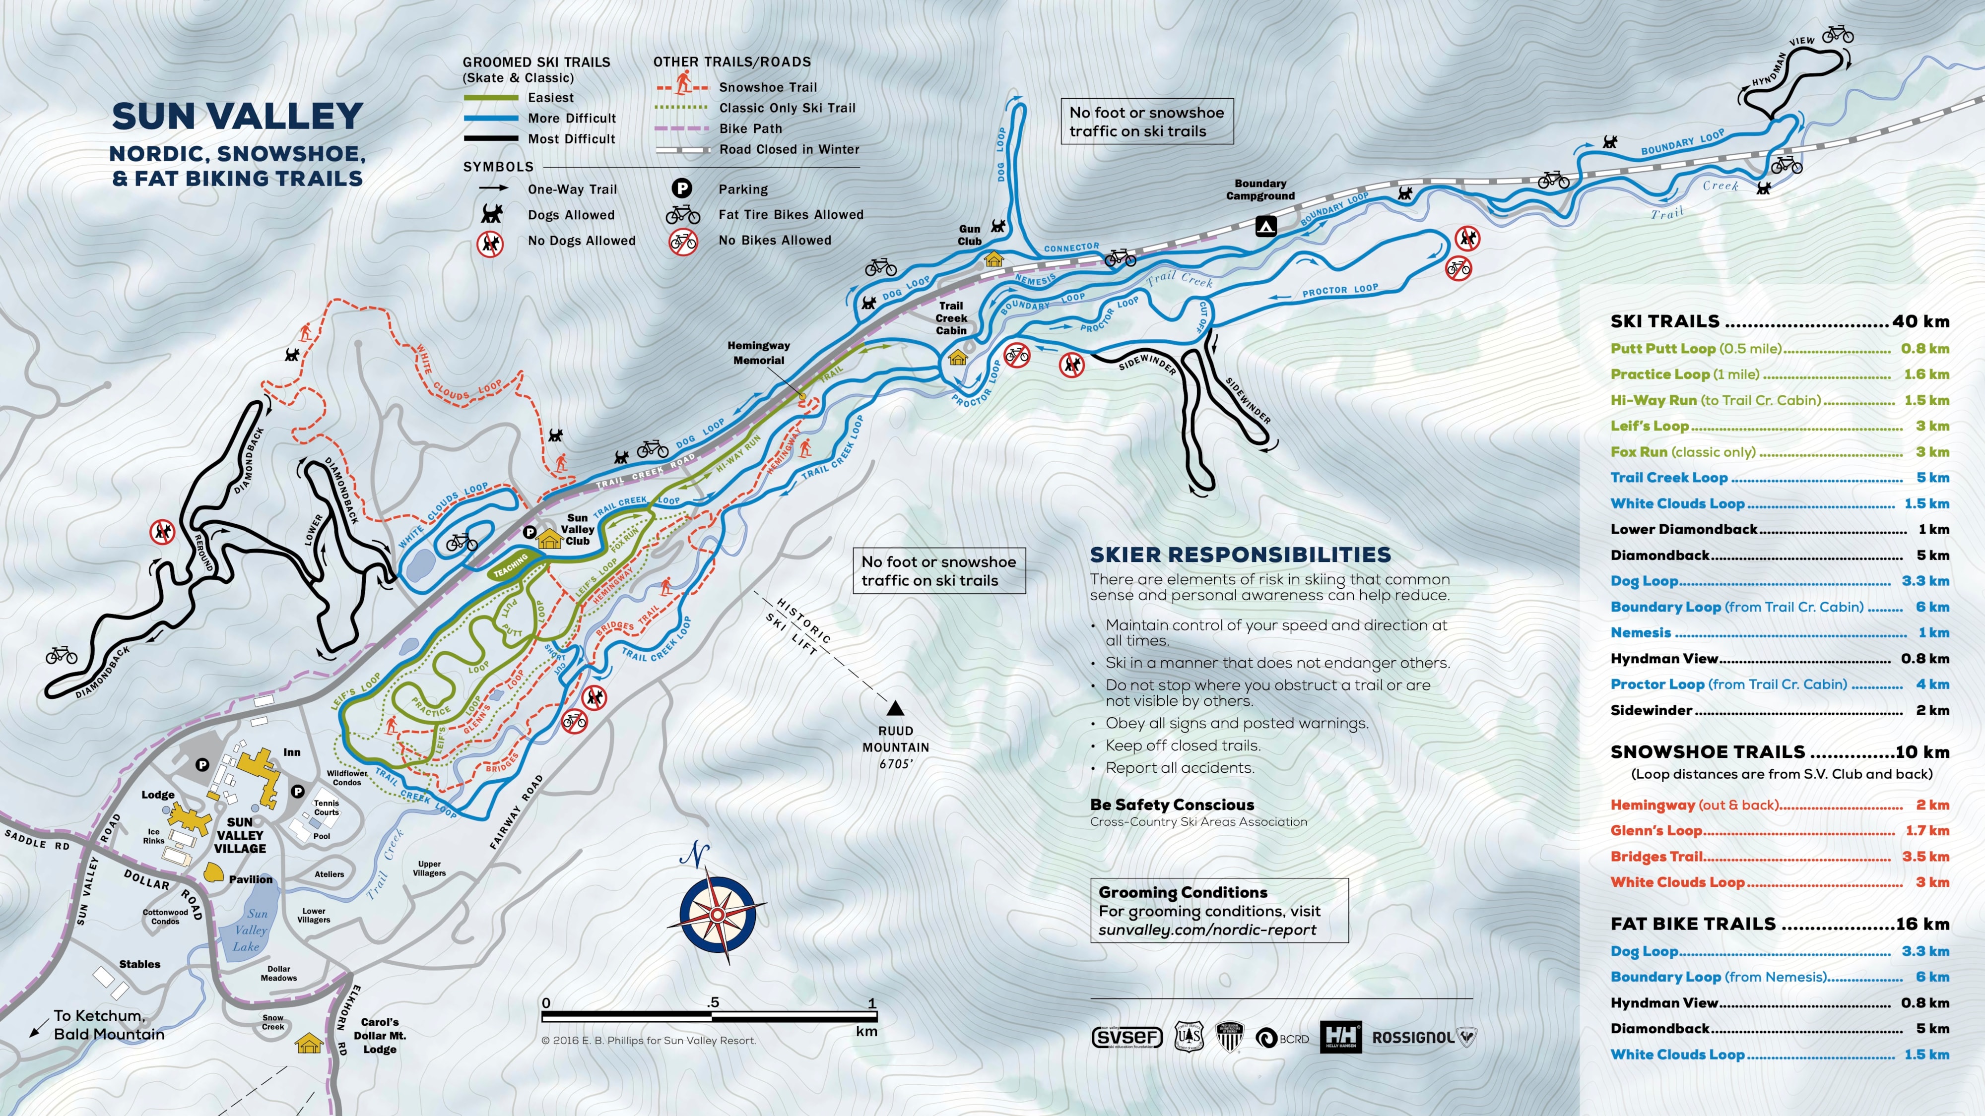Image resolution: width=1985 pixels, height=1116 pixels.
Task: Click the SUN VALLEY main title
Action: click(x=237, y=116)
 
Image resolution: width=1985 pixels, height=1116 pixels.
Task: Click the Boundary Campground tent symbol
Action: click(x=1266, y=226)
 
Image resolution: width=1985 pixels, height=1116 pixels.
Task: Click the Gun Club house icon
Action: click(x=994, y=259)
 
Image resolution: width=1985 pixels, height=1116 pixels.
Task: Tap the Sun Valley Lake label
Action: click(x=250, y=930)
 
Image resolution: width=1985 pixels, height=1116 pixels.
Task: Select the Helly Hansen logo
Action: click(x=1341, y=1037)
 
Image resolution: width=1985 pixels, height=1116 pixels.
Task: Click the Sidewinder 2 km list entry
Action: click(x=1779, y=710)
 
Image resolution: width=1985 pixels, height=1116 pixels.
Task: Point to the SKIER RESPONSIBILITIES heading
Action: click(x=1240, y=555)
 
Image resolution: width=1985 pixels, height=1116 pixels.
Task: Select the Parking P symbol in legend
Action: click(x=681, y=188)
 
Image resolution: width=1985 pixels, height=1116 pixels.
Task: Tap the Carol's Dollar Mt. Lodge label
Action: click(x=380, y=1035)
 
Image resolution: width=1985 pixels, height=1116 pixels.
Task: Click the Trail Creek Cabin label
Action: click(x=951, y=318)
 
